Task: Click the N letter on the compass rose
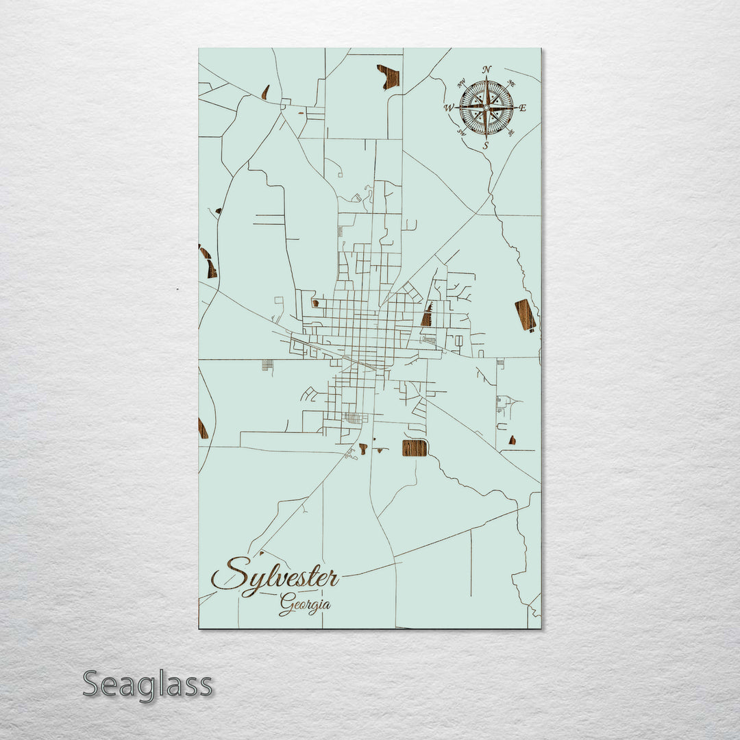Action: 486,69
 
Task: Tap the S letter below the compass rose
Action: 486,145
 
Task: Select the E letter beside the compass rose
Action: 522,108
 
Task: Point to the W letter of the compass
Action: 449,108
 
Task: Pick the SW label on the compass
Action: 461,132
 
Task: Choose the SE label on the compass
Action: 511,132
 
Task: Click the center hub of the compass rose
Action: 486,108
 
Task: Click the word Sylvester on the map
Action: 275,576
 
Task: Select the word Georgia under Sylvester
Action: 305,605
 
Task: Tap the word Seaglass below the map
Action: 147,684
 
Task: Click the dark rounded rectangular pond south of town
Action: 414,448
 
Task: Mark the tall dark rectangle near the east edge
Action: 526,314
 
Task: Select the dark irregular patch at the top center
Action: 388,77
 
